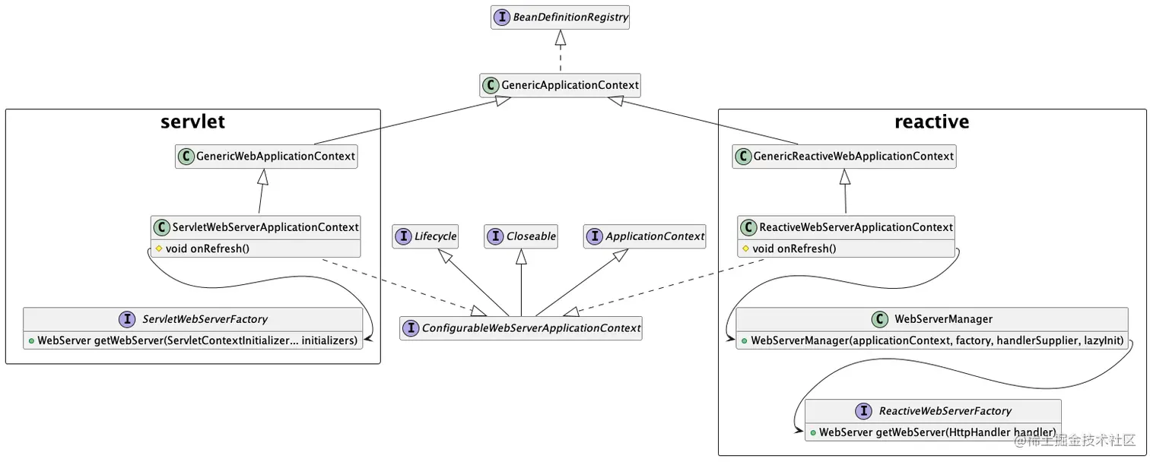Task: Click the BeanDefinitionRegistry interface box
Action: [560, 17]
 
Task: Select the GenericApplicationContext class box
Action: [560, 85]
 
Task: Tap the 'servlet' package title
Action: [192, 122]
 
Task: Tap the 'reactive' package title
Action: [932, 122]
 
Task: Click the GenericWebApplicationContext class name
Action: [275, 157]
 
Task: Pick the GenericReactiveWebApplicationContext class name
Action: [853, 157]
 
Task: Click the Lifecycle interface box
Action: [426, 236]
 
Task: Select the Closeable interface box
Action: [521, 236]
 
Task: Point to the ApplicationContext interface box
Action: [645, 236]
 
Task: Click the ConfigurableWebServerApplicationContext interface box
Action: [521, 328]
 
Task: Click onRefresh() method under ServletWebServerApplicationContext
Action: [207, 248]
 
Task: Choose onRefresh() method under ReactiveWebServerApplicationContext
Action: [794, 248]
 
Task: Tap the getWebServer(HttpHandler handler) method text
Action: [937, 432]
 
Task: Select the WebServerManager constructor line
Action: [937, 340]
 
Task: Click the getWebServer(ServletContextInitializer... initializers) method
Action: [197, 340]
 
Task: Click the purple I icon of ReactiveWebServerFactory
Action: [864, 411]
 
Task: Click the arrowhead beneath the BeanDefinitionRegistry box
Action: [561, 36]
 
